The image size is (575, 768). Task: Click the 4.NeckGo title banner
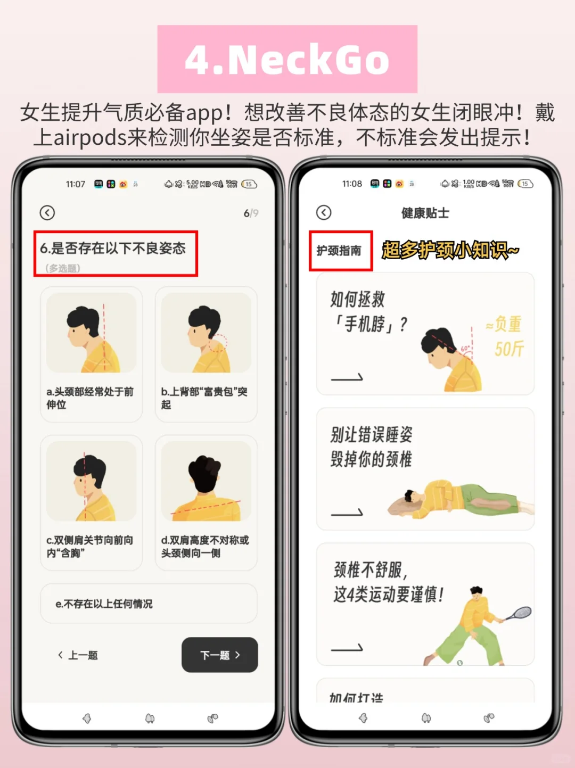287,59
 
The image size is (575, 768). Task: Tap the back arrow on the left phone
47,213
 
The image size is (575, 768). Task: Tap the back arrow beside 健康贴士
324,213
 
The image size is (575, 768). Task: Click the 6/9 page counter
251,213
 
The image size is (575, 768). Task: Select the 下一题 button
220,655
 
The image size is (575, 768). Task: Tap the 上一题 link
78,655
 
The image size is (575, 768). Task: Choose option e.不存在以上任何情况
149,604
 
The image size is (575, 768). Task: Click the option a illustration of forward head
91,333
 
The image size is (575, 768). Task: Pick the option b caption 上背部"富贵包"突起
204,398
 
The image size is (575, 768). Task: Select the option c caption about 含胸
89,547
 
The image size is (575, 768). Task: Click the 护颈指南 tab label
339,251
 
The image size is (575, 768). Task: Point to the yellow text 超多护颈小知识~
450,250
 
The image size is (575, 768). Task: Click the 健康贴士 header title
425,213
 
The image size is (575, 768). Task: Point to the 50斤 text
509,349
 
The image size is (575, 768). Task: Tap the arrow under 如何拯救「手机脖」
347,377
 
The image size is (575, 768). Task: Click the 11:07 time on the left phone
76,184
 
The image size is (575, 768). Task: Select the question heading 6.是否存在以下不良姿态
113,248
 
